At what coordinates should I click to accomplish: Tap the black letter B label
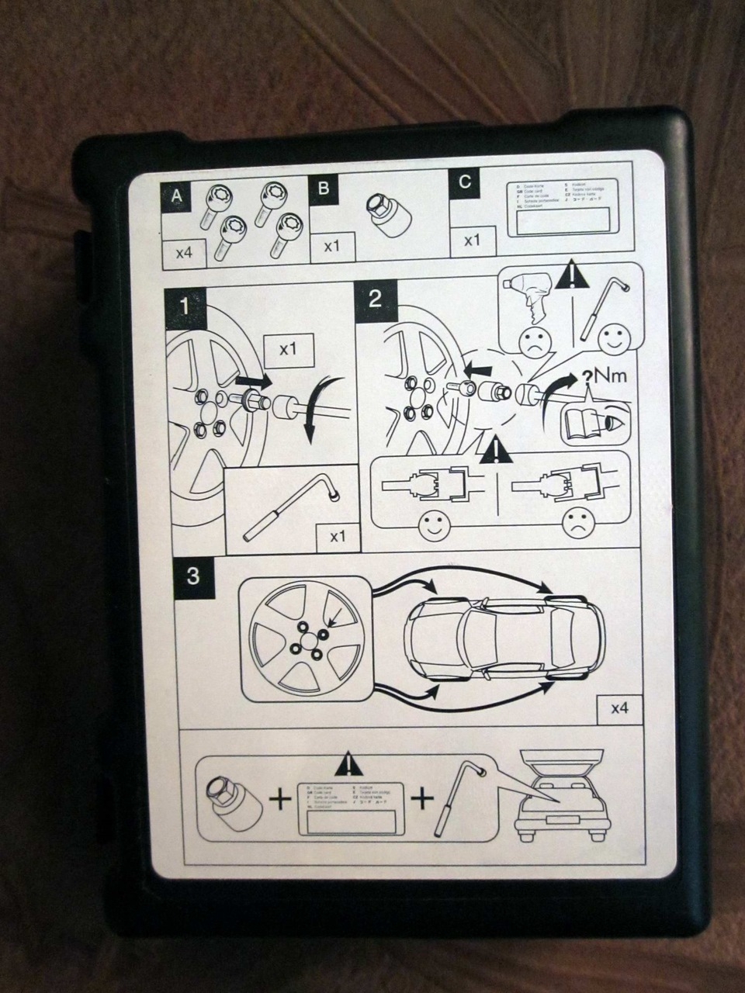(x=324, y=189)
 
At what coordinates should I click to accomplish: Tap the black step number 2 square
(x=374, y=299)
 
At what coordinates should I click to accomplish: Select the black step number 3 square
(x=193, y=576)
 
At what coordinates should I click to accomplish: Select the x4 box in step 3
(x=619, y=708)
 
